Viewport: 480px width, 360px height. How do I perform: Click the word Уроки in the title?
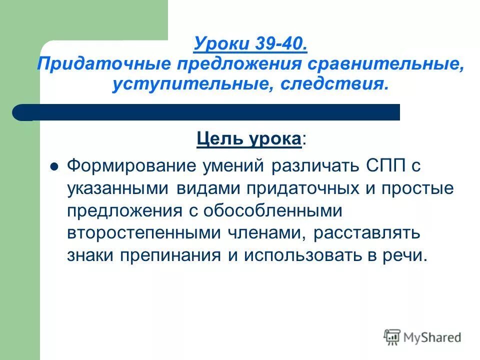click(x=216, y=44)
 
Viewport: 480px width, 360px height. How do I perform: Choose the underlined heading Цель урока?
click(x=249, y=138)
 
